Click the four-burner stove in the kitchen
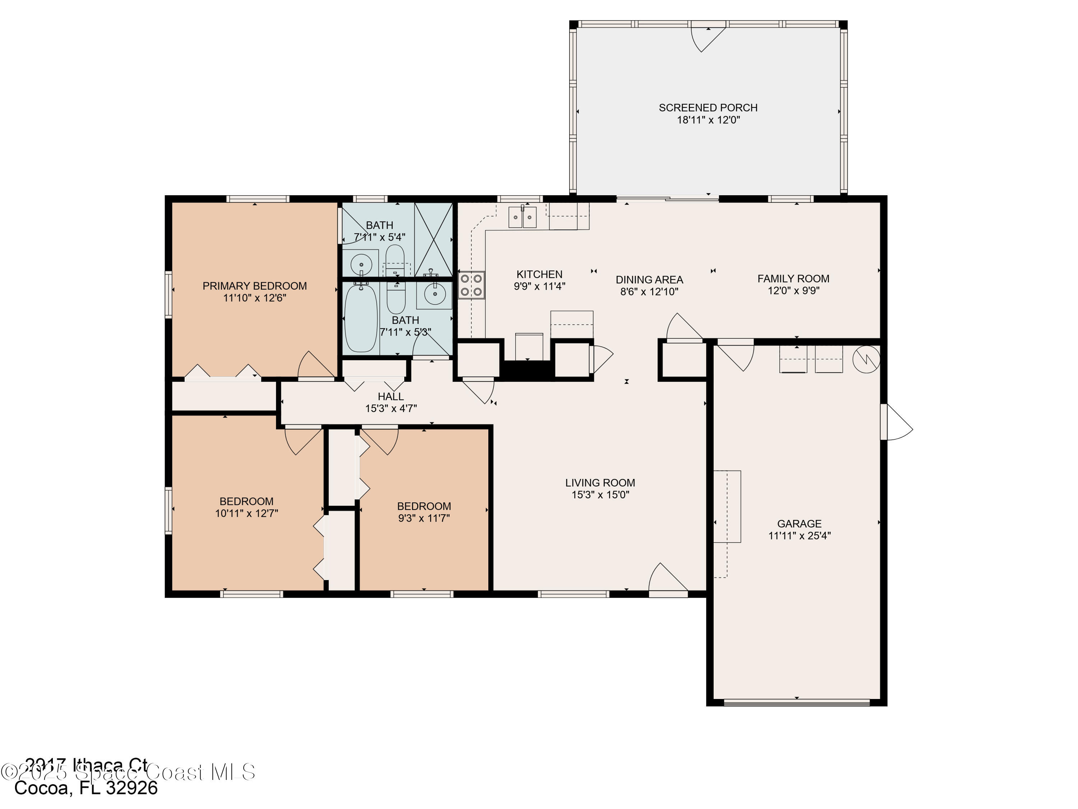tap(471, 285)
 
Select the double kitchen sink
tap(522, 217)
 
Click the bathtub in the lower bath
tap(361, 317)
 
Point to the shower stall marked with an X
tap(433, 239)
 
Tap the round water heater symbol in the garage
tap(866, 360)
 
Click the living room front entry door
tap(667, 580)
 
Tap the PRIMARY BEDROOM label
tap(254, 286)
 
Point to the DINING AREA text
tap(649, 280)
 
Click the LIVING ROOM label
tap(600, 483)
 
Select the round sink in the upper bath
tap(361, 264)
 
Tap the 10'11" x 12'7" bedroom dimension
tap(247, 513)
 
